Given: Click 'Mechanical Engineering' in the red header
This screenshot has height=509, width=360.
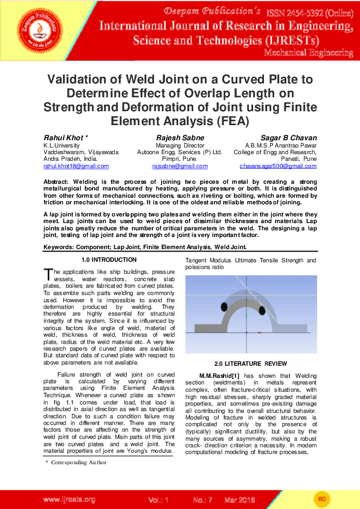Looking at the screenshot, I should tap(308, 53).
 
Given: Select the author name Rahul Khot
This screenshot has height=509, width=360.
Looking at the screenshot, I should tap(66, 138).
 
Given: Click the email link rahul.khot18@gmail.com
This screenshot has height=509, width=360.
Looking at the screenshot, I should tap(76, 166).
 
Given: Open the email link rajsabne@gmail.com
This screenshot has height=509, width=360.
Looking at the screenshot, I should tap(180, 166).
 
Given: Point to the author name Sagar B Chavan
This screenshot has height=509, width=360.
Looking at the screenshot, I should tap(288, 138).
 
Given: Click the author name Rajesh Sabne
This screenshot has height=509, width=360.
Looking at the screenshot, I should tap(180, 138).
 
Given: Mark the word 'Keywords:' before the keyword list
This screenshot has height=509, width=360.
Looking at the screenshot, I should tap(63, 247).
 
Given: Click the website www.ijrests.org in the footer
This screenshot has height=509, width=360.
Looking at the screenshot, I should tap(69, 499).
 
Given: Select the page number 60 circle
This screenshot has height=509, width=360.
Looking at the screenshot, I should tap(322, 499).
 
